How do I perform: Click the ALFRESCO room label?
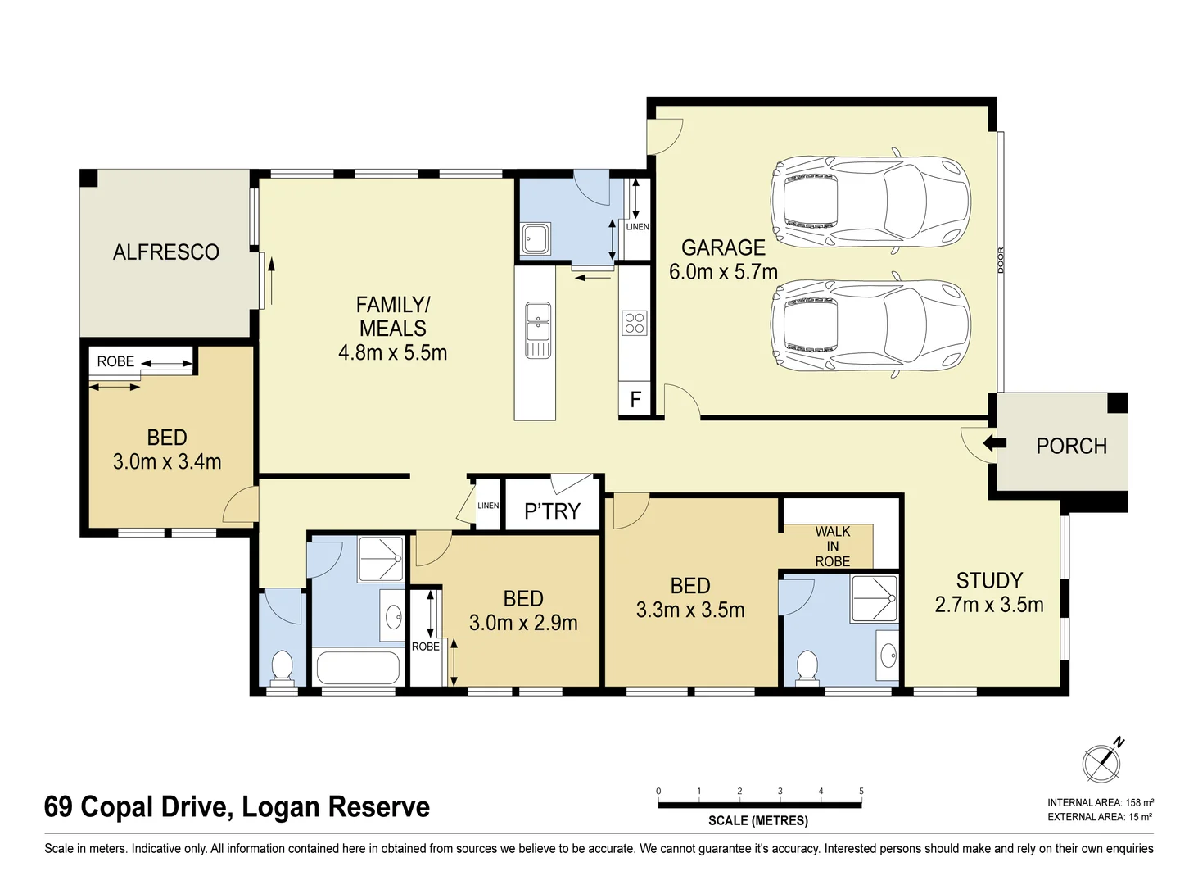point(165,252)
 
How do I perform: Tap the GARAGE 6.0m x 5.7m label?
point(723,259)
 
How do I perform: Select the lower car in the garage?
point(870,326)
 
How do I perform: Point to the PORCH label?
point(1071,446)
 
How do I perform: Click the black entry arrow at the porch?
point(993,443)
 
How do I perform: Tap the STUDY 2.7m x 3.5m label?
point(989,592)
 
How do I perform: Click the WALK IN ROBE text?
point(832,547)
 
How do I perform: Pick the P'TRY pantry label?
point(552,511)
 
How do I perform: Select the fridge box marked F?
point(635,401)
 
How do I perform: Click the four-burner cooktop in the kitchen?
point(635,323)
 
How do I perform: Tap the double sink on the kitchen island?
point(538,329)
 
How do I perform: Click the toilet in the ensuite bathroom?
point(807,666)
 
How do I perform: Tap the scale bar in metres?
point(759,806)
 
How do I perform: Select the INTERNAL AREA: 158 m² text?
point(1100,803)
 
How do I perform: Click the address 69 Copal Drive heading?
point(237,807)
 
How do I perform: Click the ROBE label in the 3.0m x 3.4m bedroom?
point(115,361)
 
